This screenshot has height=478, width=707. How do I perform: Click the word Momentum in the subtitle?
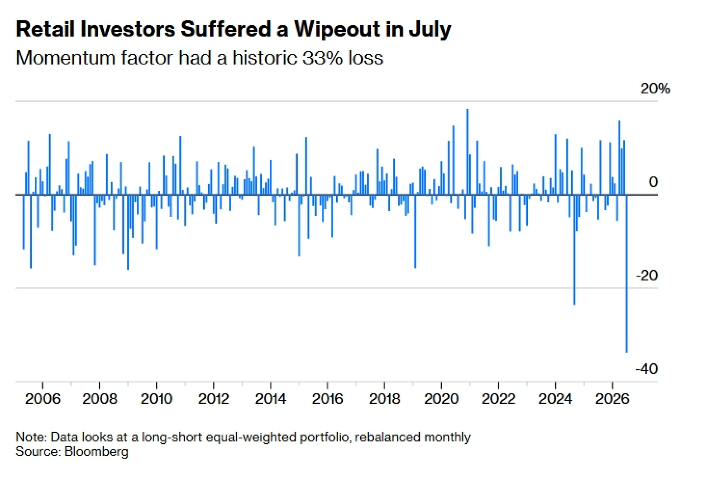66,58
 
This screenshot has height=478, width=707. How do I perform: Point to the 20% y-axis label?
655,88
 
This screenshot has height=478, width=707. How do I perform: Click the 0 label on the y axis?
653,182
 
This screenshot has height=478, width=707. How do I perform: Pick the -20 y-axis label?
647,275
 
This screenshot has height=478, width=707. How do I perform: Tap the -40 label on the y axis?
647,369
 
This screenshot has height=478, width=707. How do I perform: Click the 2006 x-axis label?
43,399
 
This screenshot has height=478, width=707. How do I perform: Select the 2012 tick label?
214,399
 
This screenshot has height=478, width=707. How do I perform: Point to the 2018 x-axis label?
384,399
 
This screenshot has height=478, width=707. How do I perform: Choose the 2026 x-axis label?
612,399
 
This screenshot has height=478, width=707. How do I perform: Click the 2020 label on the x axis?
441,399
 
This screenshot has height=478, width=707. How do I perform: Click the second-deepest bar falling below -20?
574,249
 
